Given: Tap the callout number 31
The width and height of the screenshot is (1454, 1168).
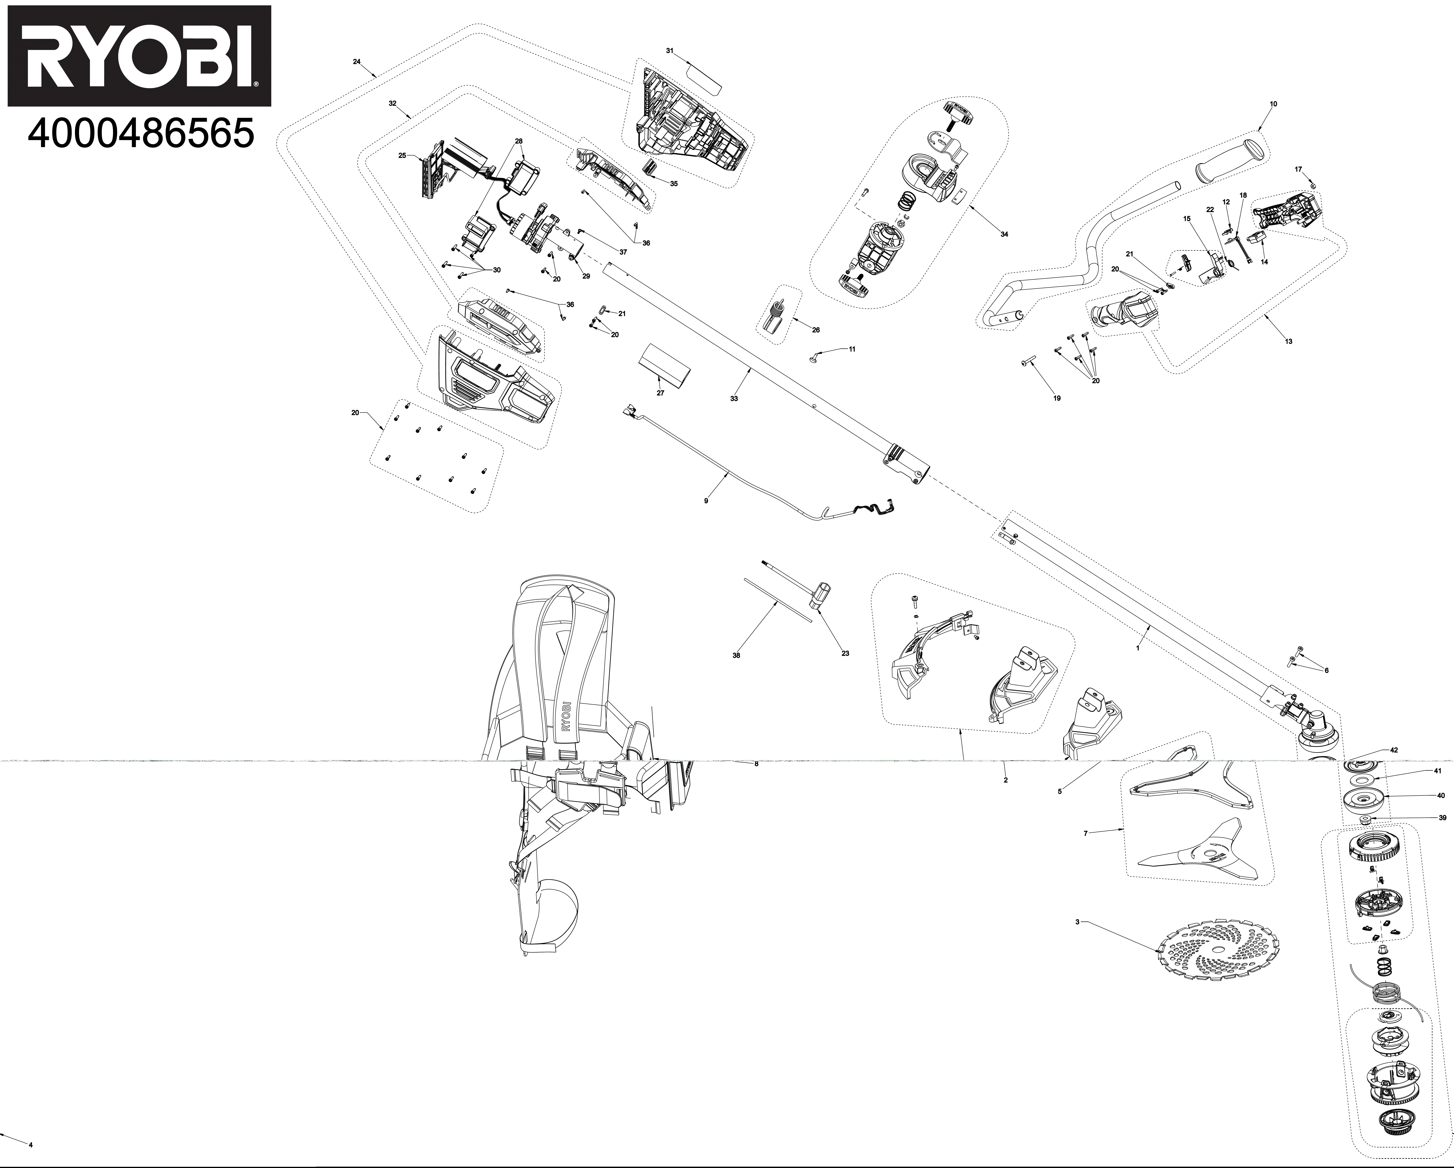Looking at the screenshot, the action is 670,51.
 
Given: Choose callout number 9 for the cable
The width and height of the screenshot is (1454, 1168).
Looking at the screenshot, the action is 706,501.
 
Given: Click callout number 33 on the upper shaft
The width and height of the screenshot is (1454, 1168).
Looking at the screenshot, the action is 734,399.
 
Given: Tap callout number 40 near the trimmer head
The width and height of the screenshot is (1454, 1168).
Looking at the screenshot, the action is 1440,796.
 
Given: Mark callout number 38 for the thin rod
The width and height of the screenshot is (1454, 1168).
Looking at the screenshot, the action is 736,655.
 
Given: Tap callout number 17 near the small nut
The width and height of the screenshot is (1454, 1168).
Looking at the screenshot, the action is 1298,169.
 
